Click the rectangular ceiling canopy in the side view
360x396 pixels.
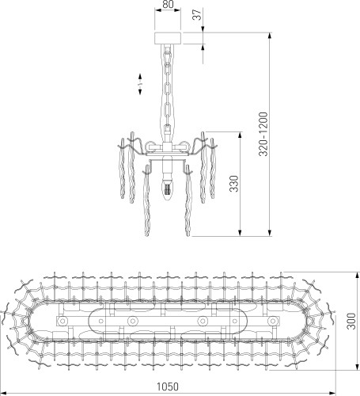166,36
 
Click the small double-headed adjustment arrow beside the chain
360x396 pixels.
139,82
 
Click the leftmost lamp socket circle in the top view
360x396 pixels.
63,321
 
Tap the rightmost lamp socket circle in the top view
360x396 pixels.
273,321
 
